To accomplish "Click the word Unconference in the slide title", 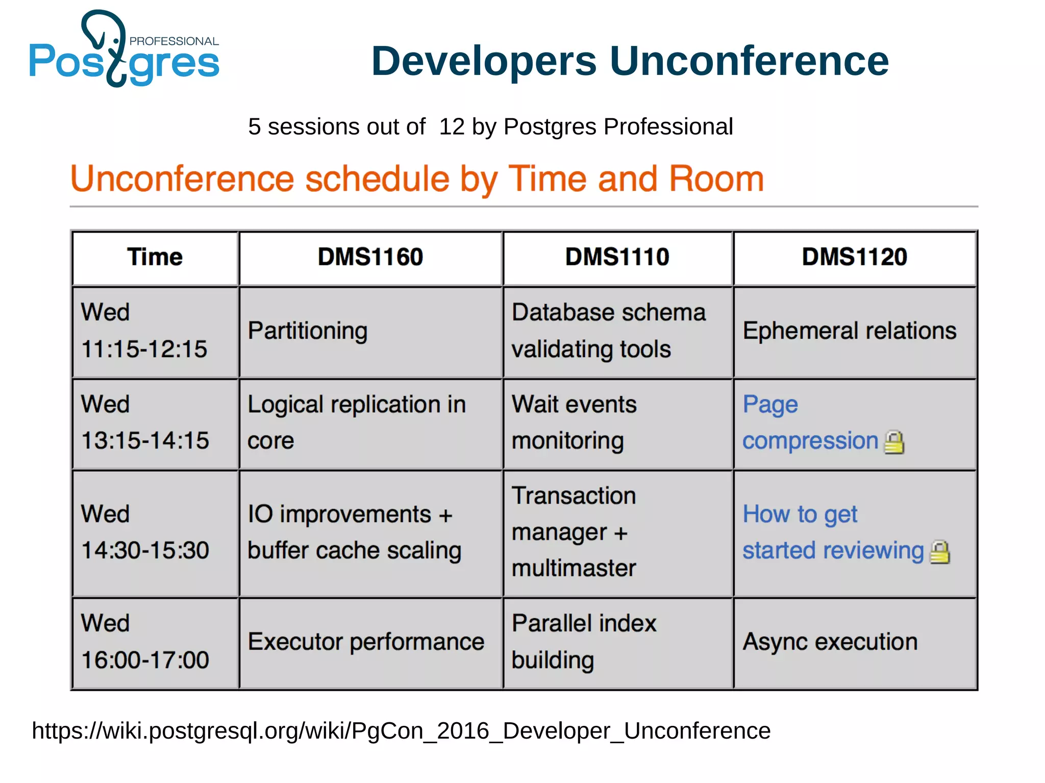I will [x=749, y=61].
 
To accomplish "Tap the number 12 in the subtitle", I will [x=452, y=127].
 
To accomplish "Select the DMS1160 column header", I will [x=370, y=257].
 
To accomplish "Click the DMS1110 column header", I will [x=617, y=257].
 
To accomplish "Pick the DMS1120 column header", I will [x=854, y=257].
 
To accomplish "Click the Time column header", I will [x=155, y=257].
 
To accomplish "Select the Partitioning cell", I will [x=308, y=331].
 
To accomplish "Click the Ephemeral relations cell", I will [x=849, y=331].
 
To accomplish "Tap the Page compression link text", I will [x=810, y=441].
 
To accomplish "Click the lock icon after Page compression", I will [x=894, y=442].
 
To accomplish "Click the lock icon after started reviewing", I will [x=939, y=552].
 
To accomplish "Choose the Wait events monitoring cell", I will [x=574, y=422].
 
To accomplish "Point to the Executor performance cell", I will [x=366, y=642].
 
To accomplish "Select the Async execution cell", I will [x=830, y=642].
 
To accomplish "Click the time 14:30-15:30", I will [x=145, y=550].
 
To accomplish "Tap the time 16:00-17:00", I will [x=145, y=660].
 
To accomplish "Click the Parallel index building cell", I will [x=584, y=642].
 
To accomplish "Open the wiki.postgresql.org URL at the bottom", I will [x=401, y=731].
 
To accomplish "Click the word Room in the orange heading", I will [x=716, y=179].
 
